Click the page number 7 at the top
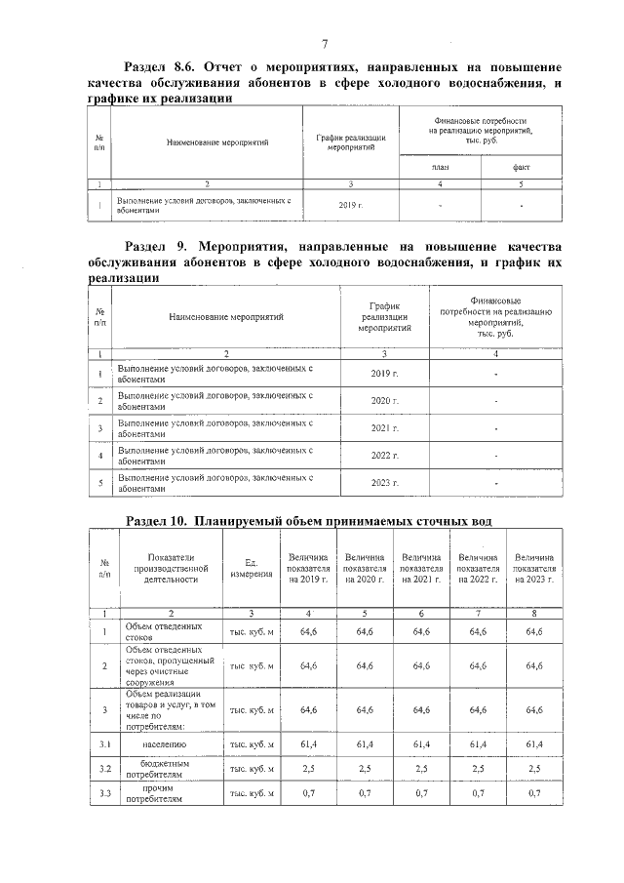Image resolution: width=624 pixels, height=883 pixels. point(324,44)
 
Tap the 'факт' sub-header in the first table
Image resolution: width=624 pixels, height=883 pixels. point(522,168)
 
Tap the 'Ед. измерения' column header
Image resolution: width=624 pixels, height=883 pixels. point(252,568)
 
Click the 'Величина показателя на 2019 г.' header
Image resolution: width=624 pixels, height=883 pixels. point(308,568)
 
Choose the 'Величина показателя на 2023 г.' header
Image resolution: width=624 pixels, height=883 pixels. point(534,568)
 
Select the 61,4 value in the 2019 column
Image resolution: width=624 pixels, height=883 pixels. point(308,744)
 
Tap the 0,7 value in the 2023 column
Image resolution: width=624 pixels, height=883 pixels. point(534,794)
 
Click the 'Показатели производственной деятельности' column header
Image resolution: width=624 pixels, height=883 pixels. point(172,568)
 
